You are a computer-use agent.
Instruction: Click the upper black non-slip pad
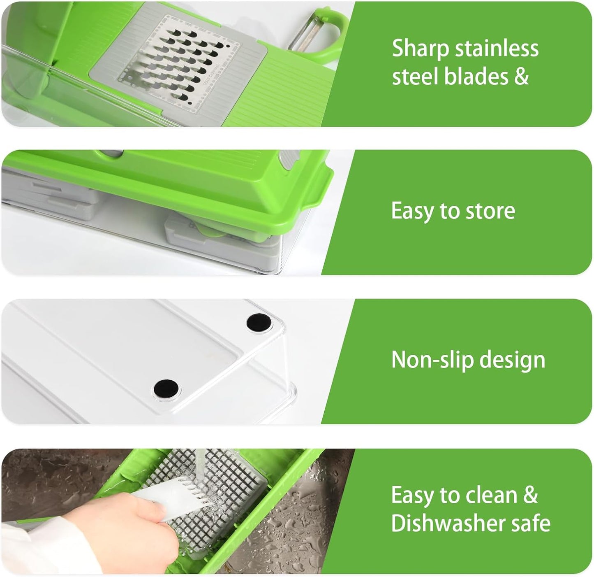point(260,321)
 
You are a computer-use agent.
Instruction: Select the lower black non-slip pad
point(166,388)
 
